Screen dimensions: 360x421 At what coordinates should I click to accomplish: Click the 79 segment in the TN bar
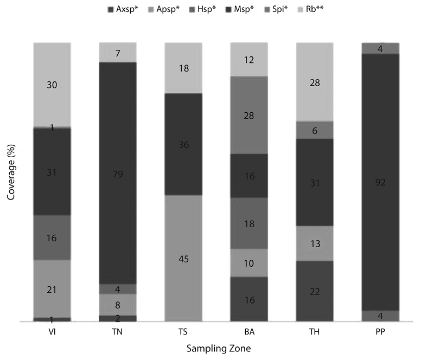tap(118, 173)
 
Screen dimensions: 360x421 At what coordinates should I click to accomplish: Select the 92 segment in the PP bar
tap(380, 182)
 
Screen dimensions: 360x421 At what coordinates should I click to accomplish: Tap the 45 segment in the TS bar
tap(183, 258)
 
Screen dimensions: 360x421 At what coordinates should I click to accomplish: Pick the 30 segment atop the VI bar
tap(52, 85)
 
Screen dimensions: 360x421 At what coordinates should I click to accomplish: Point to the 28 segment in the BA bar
tap(249, 115)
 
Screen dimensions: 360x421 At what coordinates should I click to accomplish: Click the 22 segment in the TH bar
tap(315, 291)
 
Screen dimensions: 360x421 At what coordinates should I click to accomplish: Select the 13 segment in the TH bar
tap(315, 243)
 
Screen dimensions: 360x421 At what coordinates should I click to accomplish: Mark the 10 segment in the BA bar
tap(249, 263)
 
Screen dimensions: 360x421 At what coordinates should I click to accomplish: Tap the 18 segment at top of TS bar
tap(183, 68)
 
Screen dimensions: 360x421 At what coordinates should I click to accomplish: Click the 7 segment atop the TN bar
tap(118, 53)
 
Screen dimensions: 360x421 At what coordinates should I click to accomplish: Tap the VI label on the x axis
tap(52, 331)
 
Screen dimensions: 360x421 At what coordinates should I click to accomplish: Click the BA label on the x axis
tap(249, 331)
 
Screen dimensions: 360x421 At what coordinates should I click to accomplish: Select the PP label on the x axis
tap(380, 331)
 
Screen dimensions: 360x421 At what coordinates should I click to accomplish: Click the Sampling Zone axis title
tap(216, 350)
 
